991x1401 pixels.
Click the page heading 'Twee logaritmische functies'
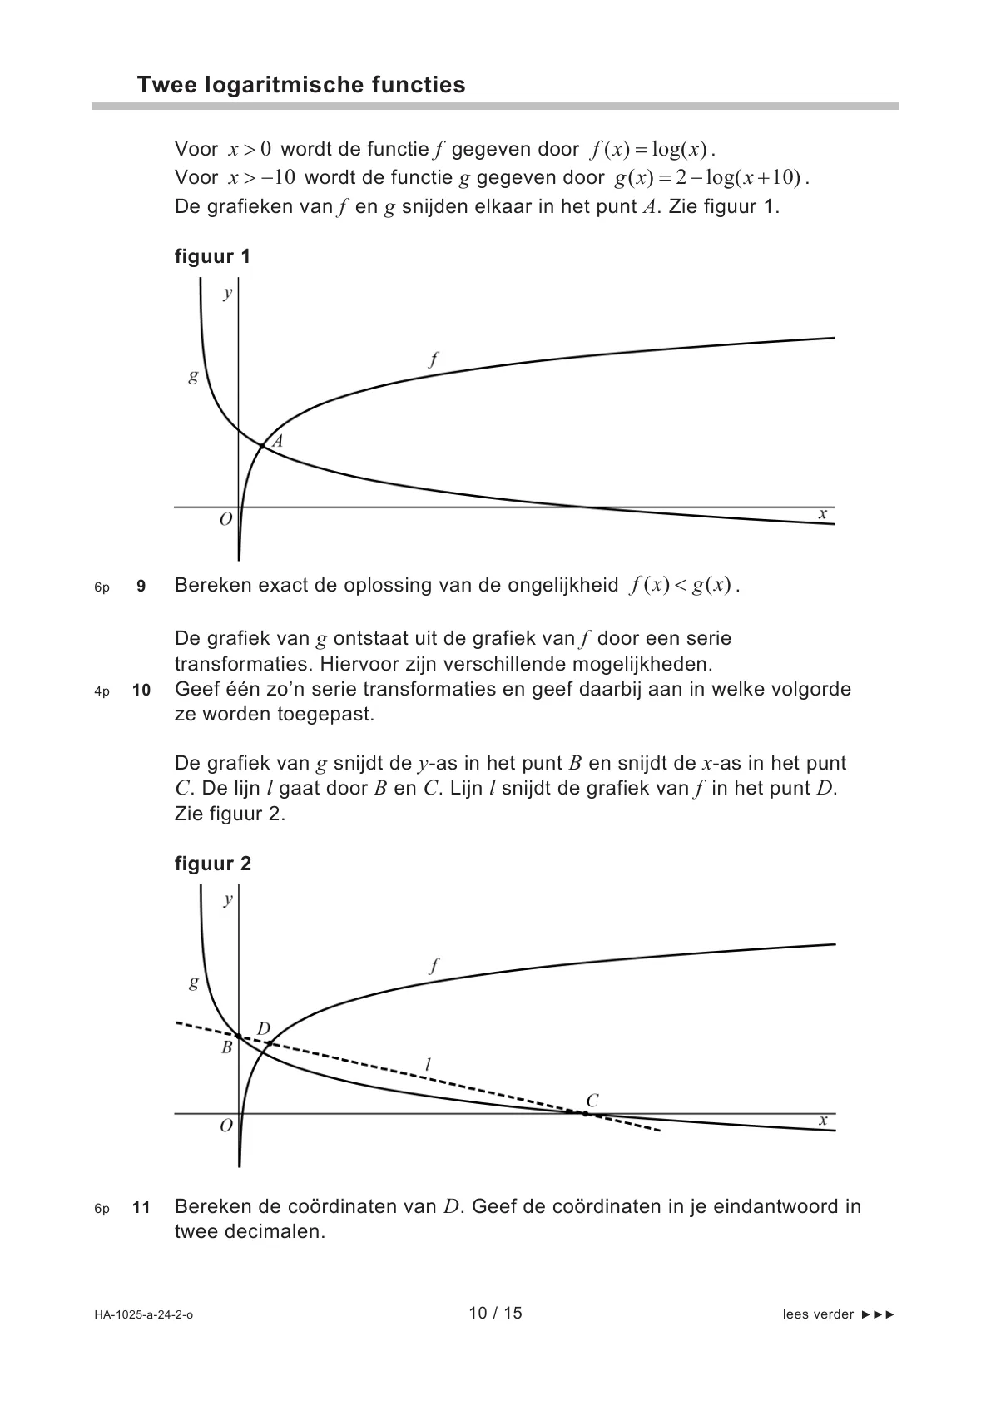pyautogui.click(x=300, y=85)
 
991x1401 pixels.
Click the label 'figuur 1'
pyautogui.click(x=212, y=256)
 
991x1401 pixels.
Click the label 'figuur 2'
pyautogui.click(x=212, y=864)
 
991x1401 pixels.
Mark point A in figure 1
pyautogui.click(x=262, y=447)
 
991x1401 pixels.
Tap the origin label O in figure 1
pyautogui.click(x=225, y=520)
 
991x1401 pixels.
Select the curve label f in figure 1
pyautogui.click(x=434, y=359)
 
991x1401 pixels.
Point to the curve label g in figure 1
pyautogui.click(x=193, y=376)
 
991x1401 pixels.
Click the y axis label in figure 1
pyautogui.click(x=227, y=293)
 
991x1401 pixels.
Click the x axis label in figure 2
pyautogui.click(x=823, y=1121)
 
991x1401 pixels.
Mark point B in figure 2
pyautogui.click(x=239, y=1037)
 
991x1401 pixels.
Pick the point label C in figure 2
pyautogui.click(x=592, y=1101)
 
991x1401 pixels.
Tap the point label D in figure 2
pyautogui.click(x=263, y=1029)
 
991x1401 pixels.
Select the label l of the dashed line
pyautogui.click(x=428, y=1064)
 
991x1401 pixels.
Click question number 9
pyautogui.click(x=141, y=587)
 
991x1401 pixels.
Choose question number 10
pyautogui.click(x=141, y=691)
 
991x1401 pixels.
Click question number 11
pyautogui.click(x=141, y=1207)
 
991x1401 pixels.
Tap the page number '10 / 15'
pyautogui.click(x=495, y=1314)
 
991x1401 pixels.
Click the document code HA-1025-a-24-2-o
pyautogui.click(x=143, y=1315)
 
